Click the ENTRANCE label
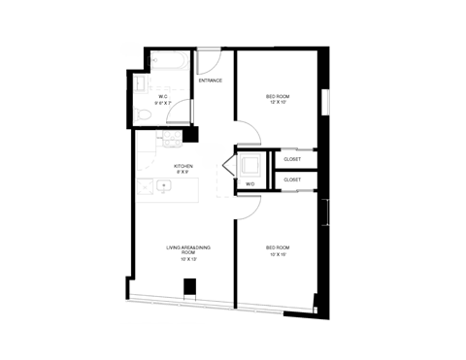211,81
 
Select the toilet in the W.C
143,115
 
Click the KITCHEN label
183,166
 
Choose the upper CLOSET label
292,159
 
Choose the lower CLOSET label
292,180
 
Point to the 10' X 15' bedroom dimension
279,254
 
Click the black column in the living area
191,287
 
